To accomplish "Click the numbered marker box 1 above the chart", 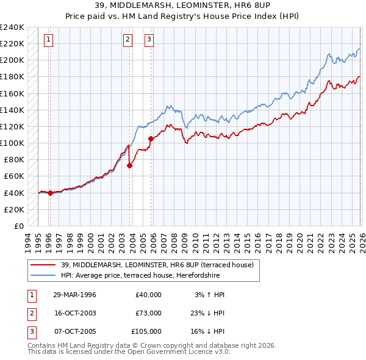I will tap(48, 40).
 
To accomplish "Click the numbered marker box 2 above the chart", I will tap(127, 40).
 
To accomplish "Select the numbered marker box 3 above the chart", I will tap(149, 40).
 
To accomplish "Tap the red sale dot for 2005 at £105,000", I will tap(151, 139).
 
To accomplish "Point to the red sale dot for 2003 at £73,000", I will tap(130, 165).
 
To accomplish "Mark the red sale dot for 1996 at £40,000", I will tap(50, 193).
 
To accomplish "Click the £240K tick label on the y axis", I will tap(12, 27).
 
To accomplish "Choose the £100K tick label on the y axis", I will tap(12, 143).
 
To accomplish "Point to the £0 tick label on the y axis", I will tap(18, 226).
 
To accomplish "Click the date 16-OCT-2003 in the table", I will tap(74, 313).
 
